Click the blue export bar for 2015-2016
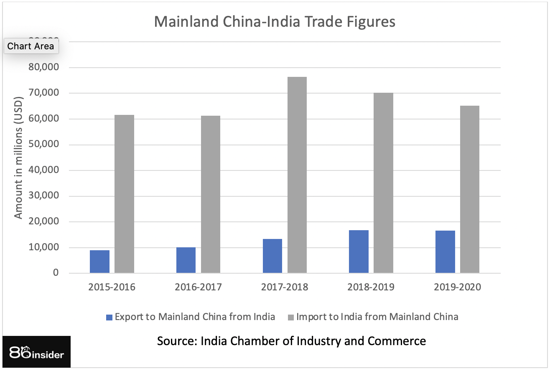(99, 262)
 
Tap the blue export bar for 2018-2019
(359, 252)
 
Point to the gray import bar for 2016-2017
(211, 194)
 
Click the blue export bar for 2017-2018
(272, 256)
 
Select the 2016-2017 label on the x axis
(198, 287)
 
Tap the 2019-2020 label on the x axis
(457, 287)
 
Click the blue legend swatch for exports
(109, 317)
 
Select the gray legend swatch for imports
(291, 317)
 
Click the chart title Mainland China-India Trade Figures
(275, 22)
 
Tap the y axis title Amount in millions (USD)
(18, 155)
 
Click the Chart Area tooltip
(31, 46)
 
